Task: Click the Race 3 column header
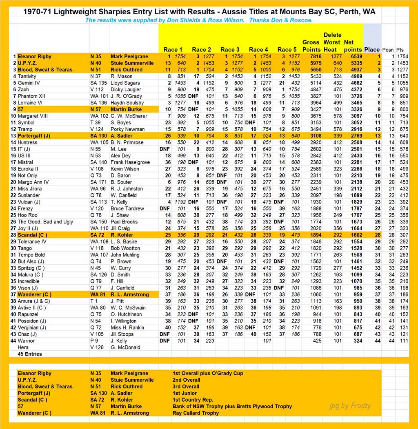[230, 50]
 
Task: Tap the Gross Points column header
[311, 46]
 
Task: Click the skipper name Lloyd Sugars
[125, 83]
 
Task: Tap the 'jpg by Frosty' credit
[350, 405]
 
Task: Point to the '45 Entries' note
[29, 354]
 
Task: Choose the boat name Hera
[23, 347]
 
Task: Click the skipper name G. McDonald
[125, 347]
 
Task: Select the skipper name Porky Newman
[128, 129]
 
